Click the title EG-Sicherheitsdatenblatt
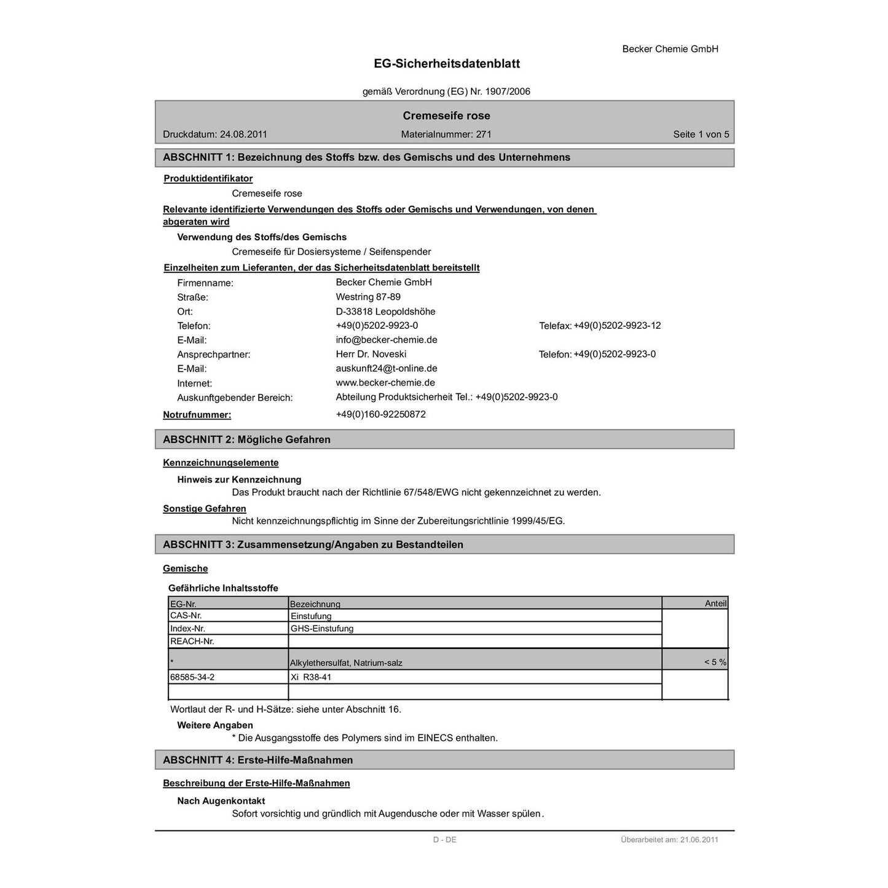(447, 64)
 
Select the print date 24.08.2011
(243, 135)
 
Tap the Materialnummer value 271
(484, 135)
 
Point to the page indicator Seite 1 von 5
(701, 135)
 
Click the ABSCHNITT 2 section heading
(246, 439)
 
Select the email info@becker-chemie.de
(386, 340)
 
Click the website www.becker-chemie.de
(385, 383)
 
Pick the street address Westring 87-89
(368, 297)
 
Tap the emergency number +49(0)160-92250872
(380, 415)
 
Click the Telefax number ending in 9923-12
(617, 326)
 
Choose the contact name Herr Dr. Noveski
(371, 354)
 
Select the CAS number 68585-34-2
(192, 677)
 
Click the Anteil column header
(715, 603)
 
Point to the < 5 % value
(715, 662)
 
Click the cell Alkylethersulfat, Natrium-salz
(346, 663)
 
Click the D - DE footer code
(444, 840)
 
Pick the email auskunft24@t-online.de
(386, 369)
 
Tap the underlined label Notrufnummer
(197, 415)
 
